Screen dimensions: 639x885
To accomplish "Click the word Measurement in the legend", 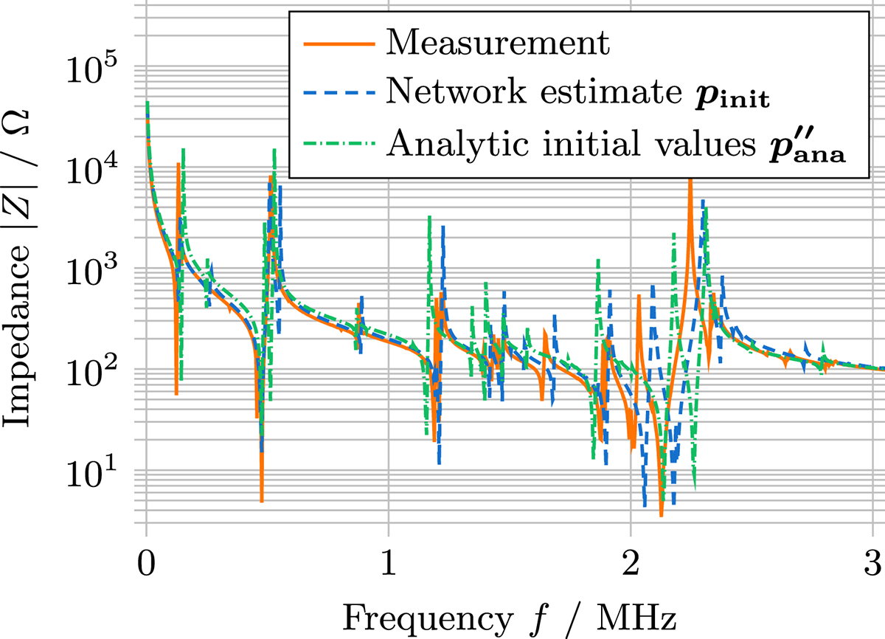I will click(499, 44).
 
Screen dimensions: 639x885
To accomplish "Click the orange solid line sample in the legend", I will click(336, 44).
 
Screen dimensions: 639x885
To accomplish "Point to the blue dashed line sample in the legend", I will click(336, 93).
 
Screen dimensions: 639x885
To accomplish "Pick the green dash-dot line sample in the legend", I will click(336, 142).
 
